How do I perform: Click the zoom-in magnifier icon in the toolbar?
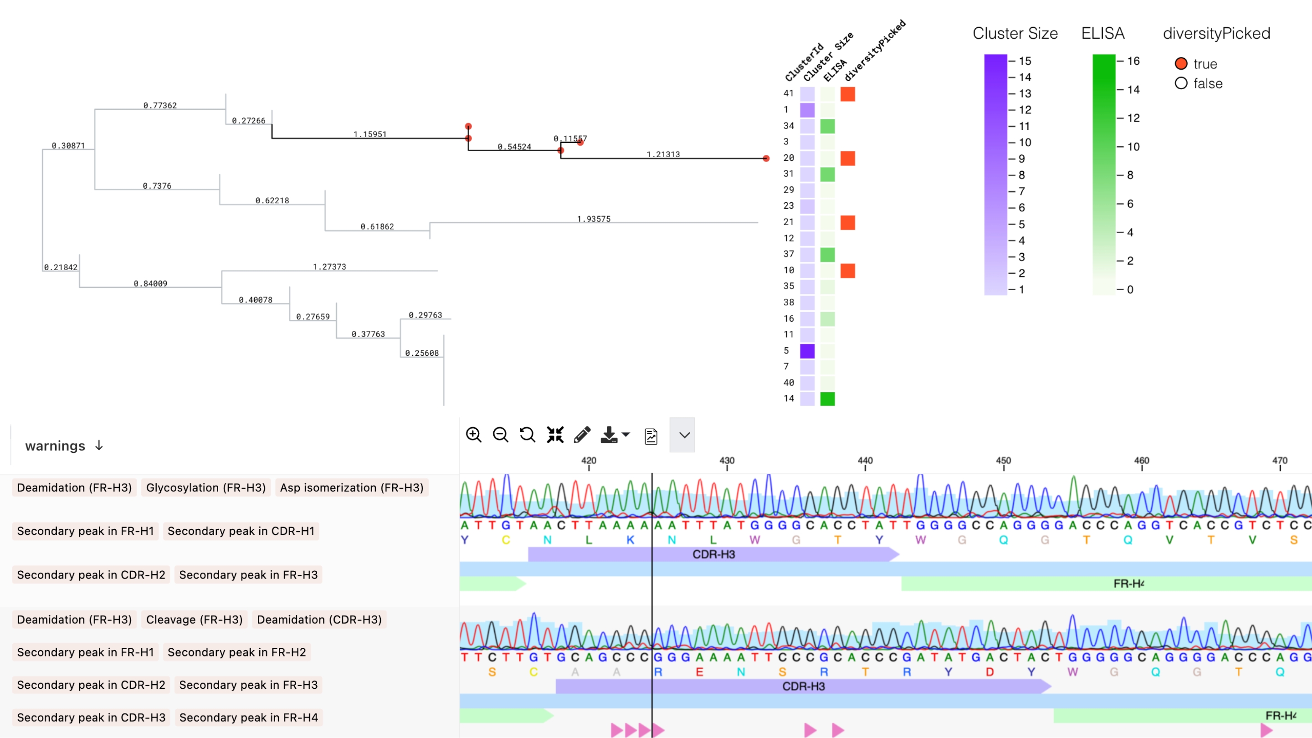[473, 435]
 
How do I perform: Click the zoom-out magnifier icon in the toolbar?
[500, 435]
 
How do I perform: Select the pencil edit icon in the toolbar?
[582, 435]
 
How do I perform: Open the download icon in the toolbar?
[610, 435]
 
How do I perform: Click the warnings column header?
[55, 446]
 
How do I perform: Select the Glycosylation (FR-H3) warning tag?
[206, 487]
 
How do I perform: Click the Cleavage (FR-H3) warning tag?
[194, 620]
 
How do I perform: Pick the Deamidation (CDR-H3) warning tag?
[319, 620]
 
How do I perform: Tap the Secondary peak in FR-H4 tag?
[249, 717]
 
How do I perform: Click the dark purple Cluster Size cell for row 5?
[807, 351]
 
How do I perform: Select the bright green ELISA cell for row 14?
[828, 399]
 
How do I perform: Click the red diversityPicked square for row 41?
[847, 94]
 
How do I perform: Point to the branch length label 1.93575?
[593, 219]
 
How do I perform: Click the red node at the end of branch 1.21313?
[766, 159]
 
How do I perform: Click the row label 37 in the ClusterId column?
[789, 254]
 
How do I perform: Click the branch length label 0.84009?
[150, 284]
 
